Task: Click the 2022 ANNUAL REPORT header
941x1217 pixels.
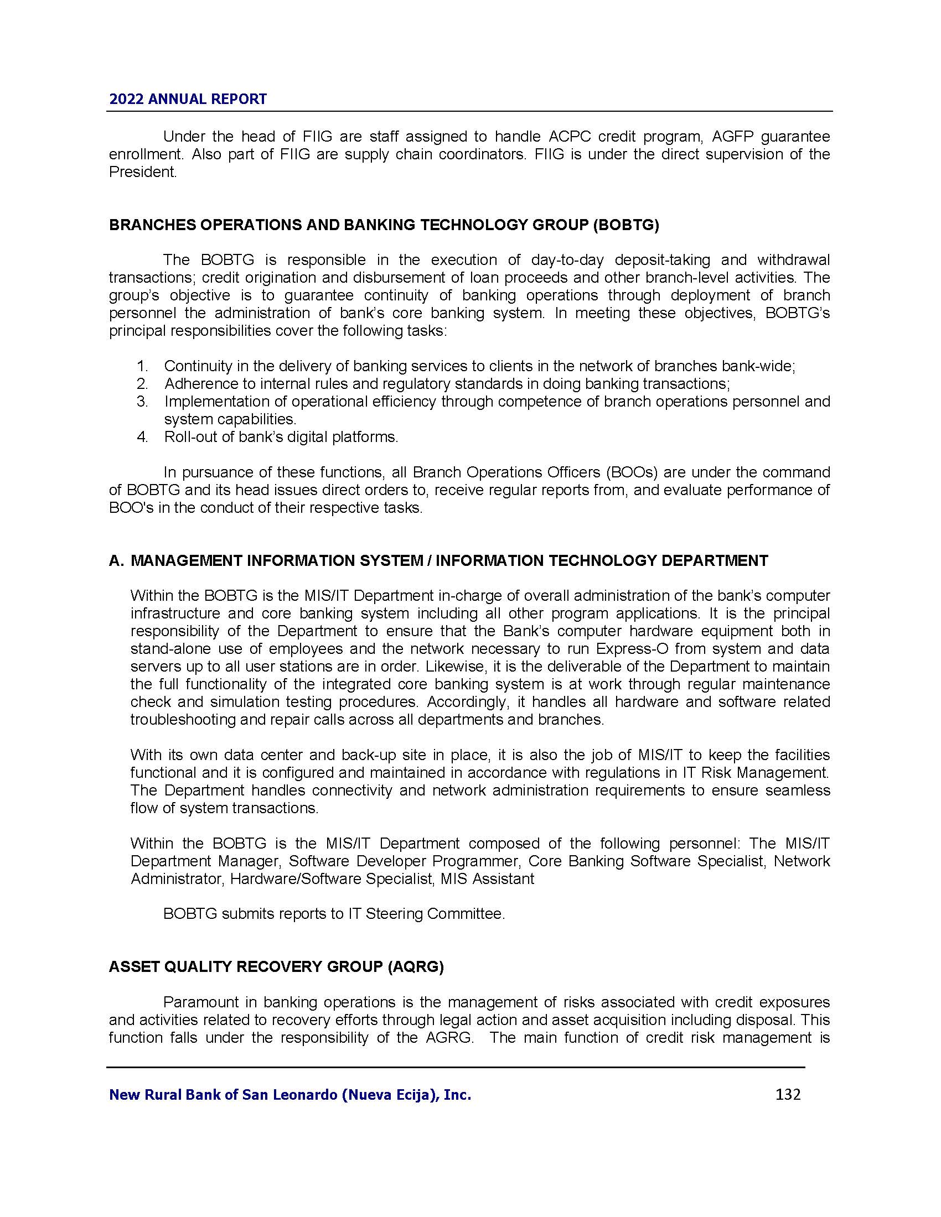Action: (188, 99)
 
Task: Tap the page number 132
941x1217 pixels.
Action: (788, 1094)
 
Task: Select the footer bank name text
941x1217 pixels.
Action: (290, 1095)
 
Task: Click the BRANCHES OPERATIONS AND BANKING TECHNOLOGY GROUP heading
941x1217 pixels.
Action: (384, 225)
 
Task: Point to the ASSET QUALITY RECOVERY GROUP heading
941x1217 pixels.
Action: (276, 967)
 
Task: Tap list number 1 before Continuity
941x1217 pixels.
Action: (142, 366)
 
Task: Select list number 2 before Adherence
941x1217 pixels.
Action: (142, 384)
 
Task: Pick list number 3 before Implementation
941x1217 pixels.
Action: (142, 402)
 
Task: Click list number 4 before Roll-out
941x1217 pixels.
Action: (142, 437)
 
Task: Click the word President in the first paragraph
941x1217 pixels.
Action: (142, 172)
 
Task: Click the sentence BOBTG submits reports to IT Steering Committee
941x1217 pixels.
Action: (334, 914)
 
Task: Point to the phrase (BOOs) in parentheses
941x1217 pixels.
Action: (632, 472)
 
